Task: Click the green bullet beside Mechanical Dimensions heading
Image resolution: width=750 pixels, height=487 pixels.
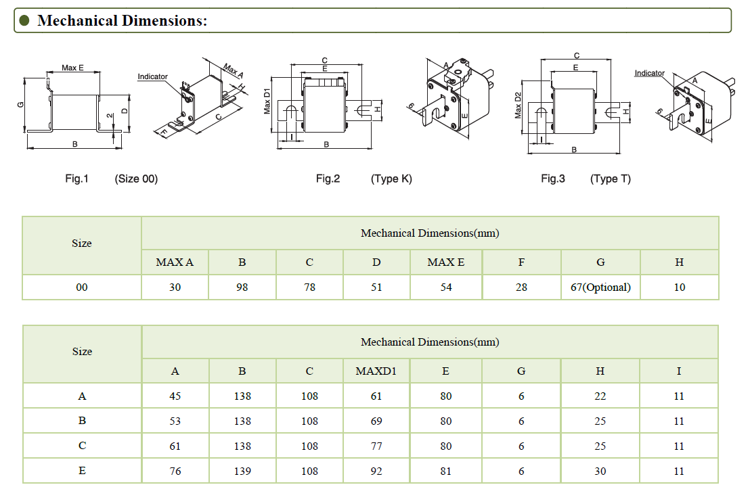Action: [x=25, y=20]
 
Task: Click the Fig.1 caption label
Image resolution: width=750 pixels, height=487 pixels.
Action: [x=77, y=179]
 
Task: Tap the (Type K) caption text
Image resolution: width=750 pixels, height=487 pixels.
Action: [x=391, y=179]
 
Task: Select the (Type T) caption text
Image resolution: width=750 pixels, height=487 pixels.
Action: [x=611, y=179]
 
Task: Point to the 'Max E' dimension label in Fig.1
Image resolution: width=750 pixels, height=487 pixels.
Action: [x=72, y=68]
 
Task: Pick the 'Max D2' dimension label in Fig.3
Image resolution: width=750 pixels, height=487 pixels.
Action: [x=519, y=105]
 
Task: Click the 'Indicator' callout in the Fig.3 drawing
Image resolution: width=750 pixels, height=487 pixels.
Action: [x=649, y=73]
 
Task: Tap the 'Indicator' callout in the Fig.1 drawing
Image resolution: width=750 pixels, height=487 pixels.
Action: [x=152, y=76]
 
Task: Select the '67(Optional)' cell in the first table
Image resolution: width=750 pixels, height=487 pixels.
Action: [x=600, y=287]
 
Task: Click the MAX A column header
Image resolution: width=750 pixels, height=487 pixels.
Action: [x=175, y=262]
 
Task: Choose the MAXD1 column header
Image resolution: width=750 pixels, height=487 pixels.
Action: [x=376, y=371]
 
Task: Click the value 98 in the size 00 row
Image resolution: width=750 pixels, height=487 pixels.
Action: [x=242, y=287]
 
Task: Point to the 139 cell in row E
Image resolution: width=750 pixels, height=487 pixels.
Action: [x=242, y=471]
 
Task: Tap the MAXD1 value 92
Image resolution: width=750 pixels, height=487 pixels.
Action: [x=376, y=471]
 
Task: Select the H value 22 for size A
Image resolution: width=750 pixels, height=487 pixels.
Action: [x=600, y=396]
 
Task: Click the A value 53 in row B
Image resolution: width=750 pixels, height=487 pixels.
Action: [x=175, y=421]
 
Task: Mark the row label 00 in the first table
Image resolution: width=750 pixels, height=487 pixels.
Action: [x=82, y=287]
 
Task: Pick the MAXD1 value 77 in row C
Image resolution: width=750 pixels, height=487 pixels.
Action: [x=376, y=446]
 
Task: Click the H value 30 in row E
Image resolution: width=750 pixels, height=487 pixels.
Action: [x=600, y=471]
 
